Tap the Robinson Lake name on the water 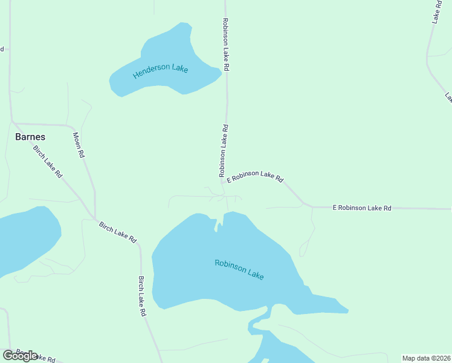point(239,269)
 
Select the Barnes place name point(30,137)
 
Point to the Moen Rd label point(79,145)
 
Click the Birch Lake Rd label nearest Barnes point(48,161)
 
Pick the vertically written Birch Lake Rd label point(142,296)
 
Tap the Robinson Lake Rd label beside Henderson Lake point(225,45)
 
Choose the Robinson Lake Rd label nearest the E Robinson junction point(223,151)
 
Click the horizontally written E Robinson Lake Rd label point(362,208)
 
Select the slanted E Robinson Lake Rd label point(255,176)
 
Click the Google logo point(20,356)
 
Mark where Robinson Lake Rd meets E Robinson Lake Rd point(222,181)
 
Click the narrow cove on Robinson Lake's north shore point(216,225)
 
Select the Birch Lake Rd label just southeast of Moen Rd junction point(118,232)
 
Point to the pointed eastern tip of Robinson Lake point(347,311)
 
